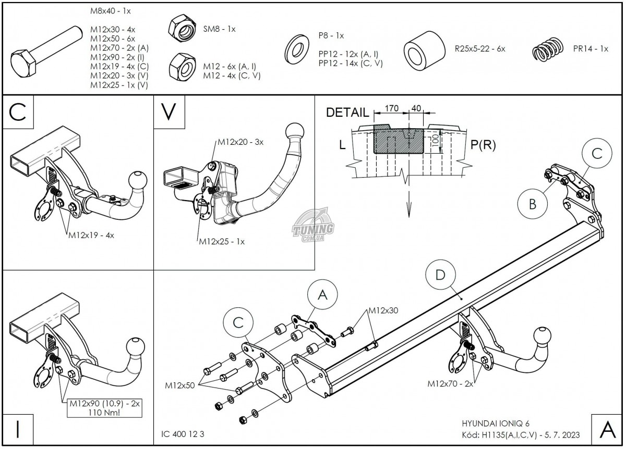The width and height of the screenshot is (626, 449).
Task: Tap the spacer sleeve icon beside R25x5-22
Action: pos(423,49)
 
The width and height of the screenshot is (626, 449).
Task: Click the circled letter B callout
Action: pos(532,204)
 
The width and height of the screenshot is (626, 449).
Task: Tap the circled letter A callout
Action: pos(322,295)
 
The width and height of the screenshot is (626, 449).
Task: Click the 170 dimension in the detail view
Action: pos(391,109)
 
